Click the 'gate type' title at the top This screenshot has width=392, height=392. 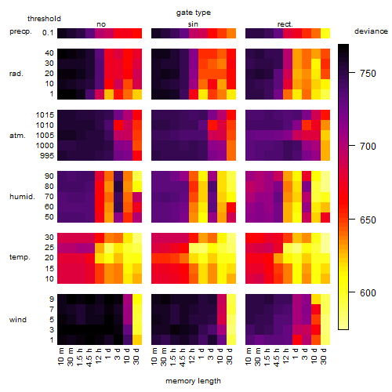click(194, 13)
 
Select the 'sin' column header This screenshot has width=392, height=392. click(193, 24)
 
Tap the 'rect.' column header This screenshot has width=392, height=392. click(285, 24)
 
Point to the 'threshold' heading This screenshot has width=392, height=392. click(44, 19)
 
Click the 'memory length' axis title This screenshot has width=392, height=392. click(193, 381)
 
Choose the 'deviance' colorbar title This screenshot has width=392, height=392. click(371, 31)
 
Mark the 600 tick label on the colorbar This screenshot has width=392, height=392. click(368, 292)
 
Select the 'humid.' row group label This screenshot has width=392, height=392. click(22, 197)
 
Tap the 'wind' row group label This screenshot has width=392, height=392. click(18, 320)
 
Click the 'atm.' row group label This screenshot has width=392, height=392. click(17, 136)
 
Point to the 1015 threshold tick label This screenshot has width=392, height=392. click(45, 115)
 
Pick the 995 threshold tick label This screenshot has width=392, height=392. click(47, 156)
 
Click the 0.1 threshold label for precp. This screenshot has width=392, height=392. click(48, 33)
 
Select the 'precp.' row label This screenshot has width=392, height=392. click(20, 31)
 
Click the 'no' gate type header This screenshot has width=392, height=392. click(101, 24)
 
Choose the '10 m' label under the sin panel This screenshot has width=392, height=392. click(154, 357)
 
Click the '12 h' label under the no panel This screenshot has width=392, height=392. click(98, 357)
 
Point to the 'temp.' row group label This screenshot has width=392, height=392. click(20, 257)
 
